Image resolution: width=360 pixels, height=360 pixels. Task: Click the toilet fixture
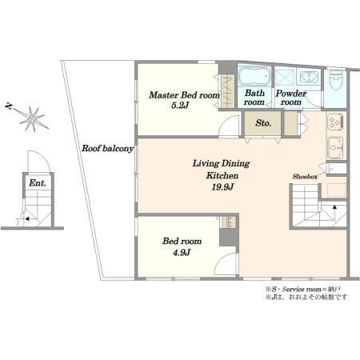coord(336,80)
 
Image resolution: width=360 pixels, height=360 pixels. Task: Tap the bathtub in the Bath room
coord(254,76)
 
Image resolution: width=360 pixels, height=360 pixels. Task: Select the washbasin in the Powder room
coord(309,77)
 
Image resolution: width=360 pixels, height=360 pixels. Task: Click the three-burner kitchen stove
coord(335,122)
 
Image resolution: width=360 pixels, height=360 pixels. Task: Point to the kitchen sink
coord(335,148)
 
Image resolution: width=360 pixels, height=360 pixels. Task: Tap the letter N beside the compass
coord(9,106)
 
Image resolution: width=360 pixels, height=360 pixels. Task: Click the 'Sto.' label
coord(263,123)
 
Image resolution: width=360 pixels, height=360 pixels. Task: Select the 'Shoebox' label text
coord(305,177)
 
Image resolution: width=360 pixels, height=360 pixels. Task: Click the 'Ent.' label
coord(38,183)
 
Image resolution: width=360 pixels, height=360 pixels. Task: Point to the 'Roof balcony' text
coord(107,148)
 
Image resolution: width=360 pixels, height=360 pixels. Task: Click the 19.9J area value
coord(222,187)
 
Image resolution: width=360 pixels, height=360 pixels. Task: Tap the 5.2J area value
coord(180,106)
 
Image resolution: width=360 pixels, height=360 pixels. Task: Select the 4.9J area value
coord(182,252)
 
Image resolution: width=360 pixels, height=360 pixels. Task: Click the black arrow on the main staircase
coord(334,207)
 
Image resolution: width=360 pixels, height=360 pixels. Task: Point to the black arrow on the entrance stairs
coord(26,219)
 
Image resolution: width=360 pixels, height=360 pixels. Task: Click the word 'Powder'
coord(291,94)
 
